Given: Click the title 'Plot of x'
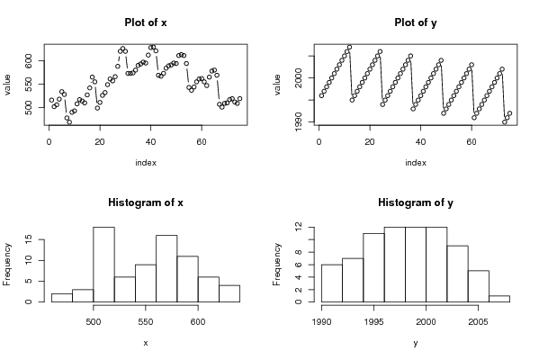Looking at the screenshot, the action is (146, 22).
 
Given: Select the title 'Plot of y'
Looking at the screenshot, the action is (416, 23).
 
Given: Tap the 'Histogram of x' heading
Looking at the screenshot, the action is (146, 202).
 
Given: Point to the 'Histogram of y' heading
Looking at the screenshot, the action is (416, 202).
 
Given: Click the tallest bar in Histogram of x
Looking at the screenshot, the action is (103, 265).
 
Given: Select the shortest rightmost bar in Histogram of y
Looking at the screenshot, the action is (499, 299).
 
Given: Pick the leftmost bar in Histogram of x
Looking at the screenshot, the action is (62, 298).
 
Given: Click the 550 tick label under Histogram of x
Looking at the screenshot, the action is (146, 322).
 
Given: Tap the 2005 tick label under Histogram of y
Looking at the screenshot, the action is (478, 322).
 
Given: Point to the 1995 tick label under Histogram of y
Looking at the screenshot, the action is (373, 322).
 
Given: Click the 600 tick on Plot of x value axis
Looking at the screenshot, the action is (29, 61).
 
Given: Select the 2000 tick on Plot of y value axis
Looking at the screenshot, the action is (299, 78).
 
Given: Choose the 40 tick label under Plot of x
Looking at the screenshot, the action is (150, 142).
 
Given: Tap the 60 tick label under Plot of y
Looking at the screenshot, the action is (472, 142).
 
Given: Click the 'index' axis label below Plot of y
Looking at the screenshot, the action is (416, 163).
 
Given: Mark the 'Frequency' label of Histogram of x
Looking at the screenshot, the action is (7, 265).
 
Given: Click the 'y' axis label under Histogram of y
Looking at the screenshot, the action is (416, 343).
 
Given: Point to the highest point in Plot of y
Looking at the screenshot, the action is (349, 47).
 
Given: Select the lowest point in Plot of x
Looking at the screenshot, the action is (69, 122).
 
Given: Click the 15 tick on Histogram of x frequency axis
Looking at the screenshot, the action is (29, 239).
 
